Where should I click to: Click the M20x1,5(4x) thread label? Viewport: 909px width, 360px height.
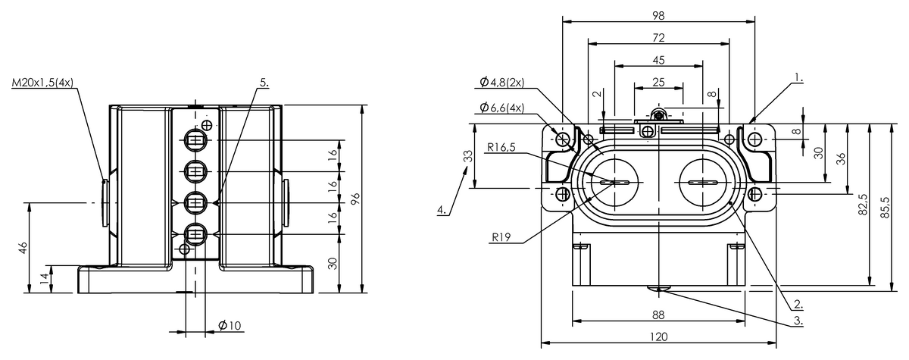(x=42, y=83)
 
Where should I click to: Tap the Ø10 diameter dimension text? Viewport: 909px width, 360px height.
(x=230, y=325)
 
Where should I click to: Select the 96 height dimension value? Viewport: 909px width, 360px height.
(x=355, y=199)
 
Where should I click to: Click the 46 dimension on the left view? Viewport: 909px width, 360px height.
(x=23, y=247)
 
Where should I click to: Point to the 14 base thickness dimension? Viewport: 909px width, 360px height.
(x=45, y=278)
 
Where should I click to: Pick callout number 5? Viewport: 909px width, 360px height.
(x=264, y=83)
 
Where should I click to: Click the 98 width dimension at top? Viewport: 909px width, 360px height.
(x=658, y=15)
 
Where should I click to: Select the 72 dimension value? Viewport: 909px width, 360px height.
(x=658, y=38)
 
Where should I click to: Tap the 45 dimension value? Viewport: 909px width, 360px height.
(x=658, y=60)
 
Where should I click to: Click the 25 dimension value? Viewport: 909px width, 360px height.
(x=658, y=83)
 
